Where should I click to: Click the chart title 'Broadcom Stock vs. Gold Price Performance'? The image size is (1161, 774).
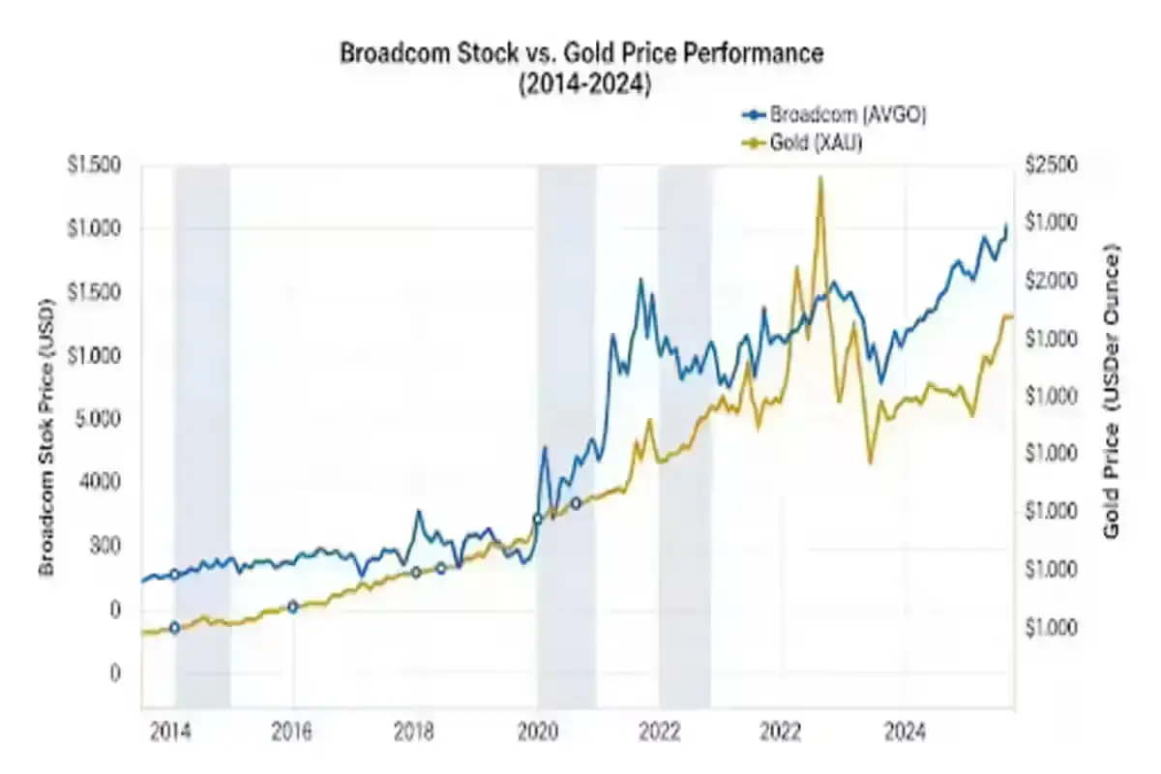[581, 53]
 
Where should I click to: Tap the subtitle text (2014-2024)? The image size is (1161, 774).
[582, 84]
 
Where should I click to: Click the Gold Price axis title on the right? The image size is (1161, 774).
[1112, 391]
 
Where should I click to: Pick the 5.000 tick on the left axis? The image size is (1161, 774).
[95, 419]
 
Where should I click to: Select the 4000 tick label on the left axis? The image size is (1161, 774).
[100, 482]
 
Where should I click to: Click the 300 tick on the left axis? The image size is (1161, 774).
[104, 546]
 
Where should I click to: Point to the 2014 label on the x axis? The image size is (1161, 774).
[169, 732]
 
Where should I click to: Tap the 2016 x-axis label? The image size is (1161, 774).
[291, 732]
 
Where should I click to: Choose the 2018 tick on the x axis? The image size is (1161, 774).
[414, 732]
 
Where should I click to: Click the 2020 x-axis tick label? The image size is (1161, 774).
[537, 732]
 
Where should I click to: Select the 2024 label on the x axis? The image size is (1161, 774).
[904, 732]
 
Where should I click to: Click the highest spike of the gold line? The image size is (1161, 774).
[820, 178]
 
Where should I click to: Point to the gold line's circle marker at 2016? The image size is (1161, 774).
[292, 607]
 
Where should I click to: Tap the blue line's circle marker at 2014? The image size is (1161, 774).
[174, 575]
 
